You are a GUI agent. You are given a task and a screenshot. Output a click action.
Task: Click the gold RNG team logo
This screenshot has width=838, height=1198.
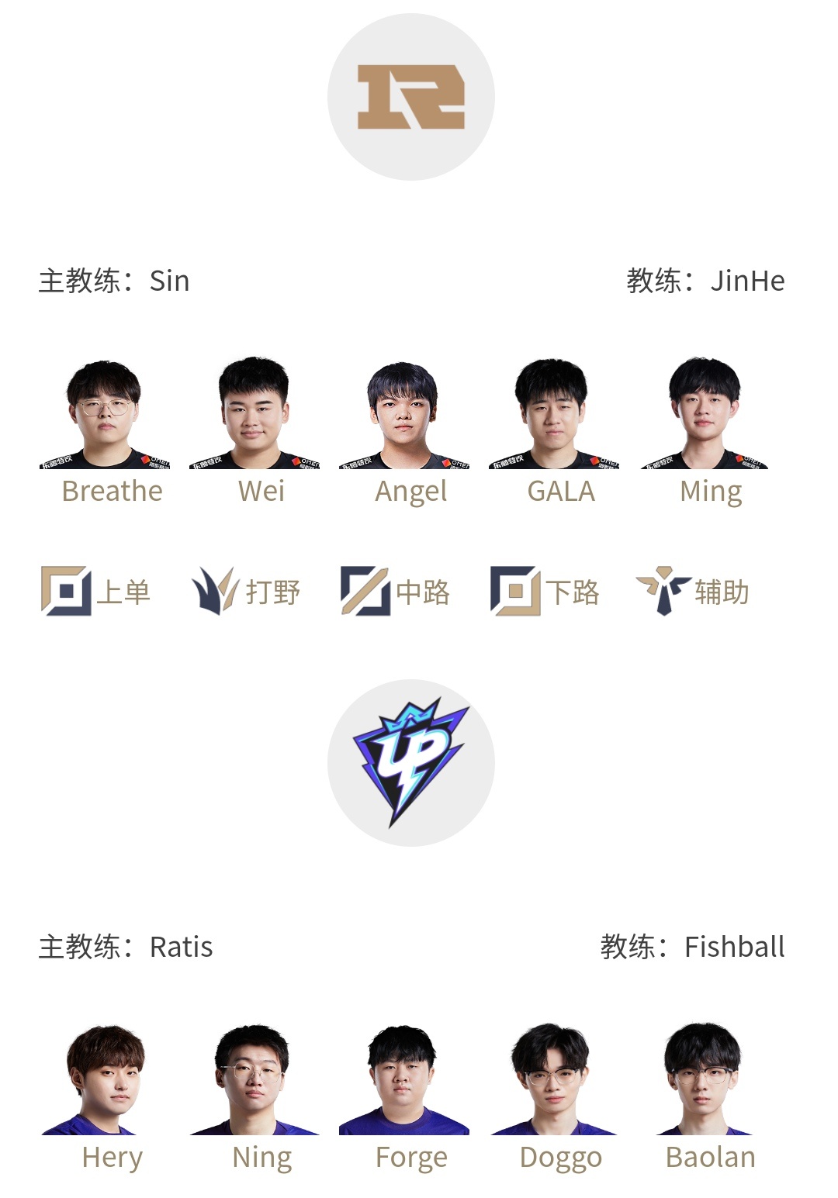(411, 97)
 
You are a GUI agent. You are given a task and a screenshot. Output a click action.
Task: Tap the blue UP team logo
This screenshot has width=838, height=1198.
(411, 763)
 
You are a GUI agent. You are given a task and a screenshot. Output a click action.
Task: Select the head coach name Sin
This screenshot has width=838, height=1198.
(170, 281)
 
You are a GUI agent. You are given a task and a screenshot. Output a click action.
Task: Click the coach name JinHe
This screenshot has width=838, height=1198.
(747, 281)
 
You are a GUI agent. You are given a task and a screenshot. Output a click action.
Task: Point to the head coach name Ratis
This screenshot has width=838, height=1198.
(182, 948)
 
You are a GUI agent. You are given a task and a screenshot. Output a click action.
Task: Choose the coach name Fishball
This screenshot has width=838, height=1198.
(735, 947)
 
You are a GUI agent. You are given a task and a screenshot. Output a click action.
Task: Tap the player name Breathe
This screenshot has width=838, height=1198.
(113, 491)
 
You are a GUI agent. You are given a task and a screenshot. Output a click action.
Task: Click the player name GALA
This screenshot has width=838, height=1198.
(561, 492)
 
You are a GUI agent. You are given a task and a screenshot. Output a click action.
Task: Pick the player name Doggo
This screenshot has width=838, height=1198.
(561, 1158)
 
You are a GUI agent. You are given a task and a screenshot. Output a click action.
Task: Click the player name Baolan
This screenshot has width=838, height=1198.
(711, 1158)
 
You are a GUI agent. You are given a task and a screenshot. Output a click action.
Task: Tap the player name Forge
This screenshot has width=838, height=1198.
(411, 1158)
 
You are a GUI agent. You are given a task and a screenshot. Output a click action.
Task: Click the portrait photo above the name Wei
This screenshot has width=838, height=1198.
(255, 413)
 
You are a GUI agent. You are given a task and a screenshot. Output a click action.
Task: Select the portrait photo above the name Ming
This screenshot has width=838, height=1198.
(705, 413)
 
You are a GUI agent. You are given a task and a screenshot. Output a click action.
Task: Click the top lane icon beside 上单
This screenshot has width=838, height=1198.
(66, 591)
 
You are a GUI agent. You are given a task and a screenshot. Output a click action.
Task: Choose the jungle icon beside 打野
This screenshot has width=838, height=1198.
(215, 591)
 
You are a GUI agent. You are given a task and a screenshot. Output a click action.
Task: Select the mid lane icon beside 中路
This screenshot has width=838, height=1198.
(365, 591)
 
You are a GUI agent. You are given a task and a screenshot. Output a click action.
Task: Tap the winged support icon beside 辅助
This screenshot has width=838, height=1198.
(663, 591)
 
